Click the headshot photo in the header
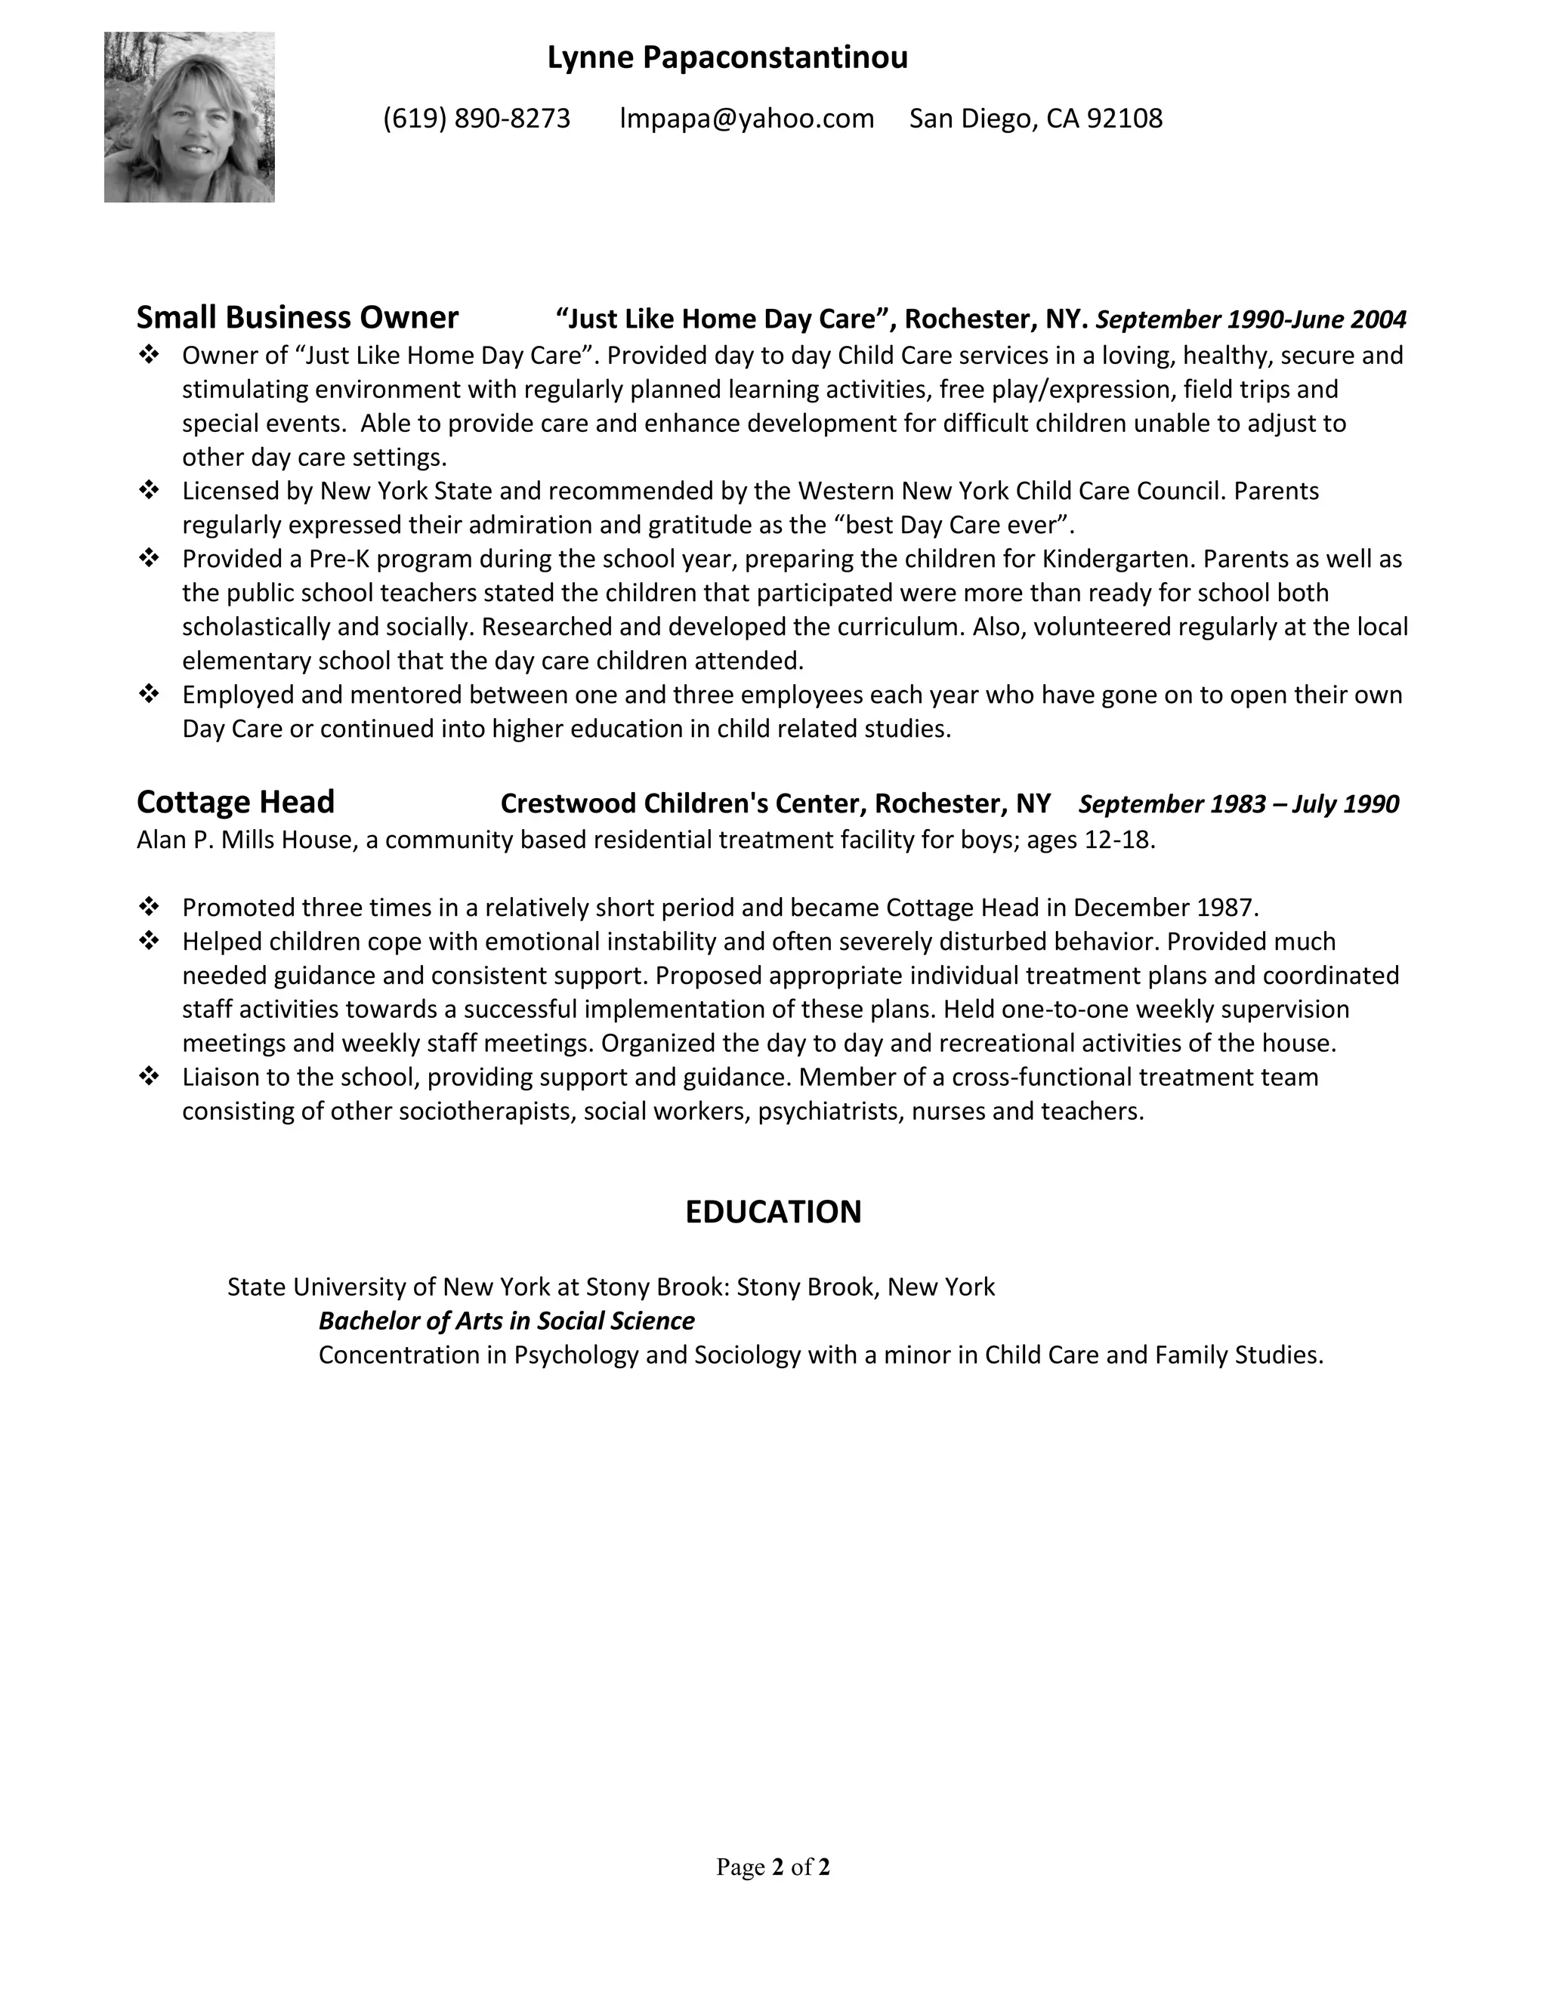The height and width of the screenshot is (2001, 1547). tap(189, 117)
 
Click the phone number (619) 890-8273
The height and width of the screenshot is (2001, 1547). tap(477, 119)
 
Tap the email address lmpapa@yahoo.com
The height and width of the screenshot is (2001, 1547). tap(747, 119)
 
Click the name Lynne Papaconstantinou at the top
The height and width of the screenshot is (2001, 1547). tap(727, 57)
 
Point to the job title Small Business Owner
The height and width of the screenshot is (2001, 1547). tap(297, 317)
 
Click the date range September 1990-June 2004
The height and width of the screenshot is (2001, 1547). tap(1251, 319)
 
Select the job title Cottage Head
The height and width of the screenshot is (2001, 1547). tap(236, 802)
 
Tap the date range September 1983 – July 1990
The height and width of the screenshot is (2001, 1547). tap(1238, 804)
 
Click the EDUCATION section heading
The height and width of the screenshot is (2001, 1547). tap(773, 1211)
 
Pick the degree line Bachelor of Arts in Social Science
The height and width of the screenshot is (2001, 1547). tap(506, 1320)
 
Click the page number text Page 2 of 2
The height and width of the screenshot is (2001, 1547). tap(773, 1867)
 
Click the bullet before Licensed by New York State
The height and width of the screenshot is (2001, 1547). tap(149, 490)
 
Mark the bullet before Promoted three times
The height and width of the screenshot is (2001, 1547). tap(149, 907)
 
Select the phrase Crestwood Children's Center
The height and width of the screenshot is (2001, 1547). tap(682, 803)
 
